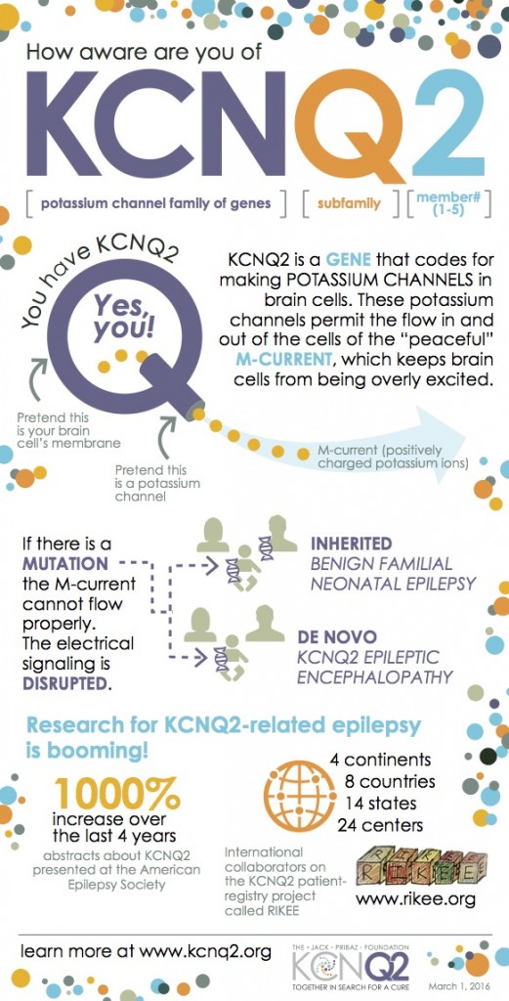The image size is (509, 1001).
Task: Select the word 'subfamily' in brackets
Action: click(349, 205)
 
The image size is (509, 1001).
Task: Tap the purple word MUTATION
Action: click(65, 564)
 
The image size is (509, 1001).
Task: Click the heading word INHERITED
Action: click(352, 543)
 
